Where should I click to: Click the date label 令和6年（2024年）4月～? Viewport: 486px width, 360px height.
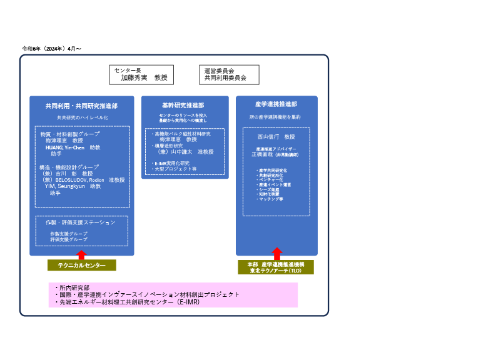[x=52, y=48]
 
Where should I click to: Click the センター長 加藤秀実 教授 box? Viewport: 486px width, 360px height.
[x=141, y=75]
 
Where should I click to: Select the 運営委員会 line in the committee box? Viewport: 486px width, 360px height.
[x=219, y=71]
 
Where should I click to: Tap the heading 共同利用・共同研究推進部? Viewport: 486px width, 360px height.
[x=81, y=106]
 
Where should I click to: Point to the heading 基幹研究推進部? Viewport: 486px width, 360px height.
[x=183, y=105]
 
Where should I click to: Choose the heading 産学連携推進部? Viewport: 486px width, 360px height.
[x=276, y=104]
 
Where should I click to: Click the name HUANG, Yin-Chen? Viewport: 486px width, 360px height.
[x=64, y=147]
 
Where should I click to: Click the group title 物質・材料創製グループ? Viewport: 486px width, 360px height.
[x=69, y=134]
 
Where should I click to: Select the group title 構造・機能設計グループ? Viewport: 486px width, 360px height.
[x=69, y=167]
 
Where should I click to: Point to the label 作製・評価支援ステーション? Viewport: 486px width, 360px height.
[x=81, y=222]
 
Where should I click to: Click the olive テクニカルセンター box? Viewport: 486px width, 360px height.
[x=81, y=265]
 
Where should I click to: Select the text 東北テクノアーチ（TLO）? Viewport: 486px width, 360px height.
[x=276, y=271]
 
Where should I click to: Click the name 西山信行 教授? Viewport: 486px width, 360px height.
[x=276, y=136]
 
